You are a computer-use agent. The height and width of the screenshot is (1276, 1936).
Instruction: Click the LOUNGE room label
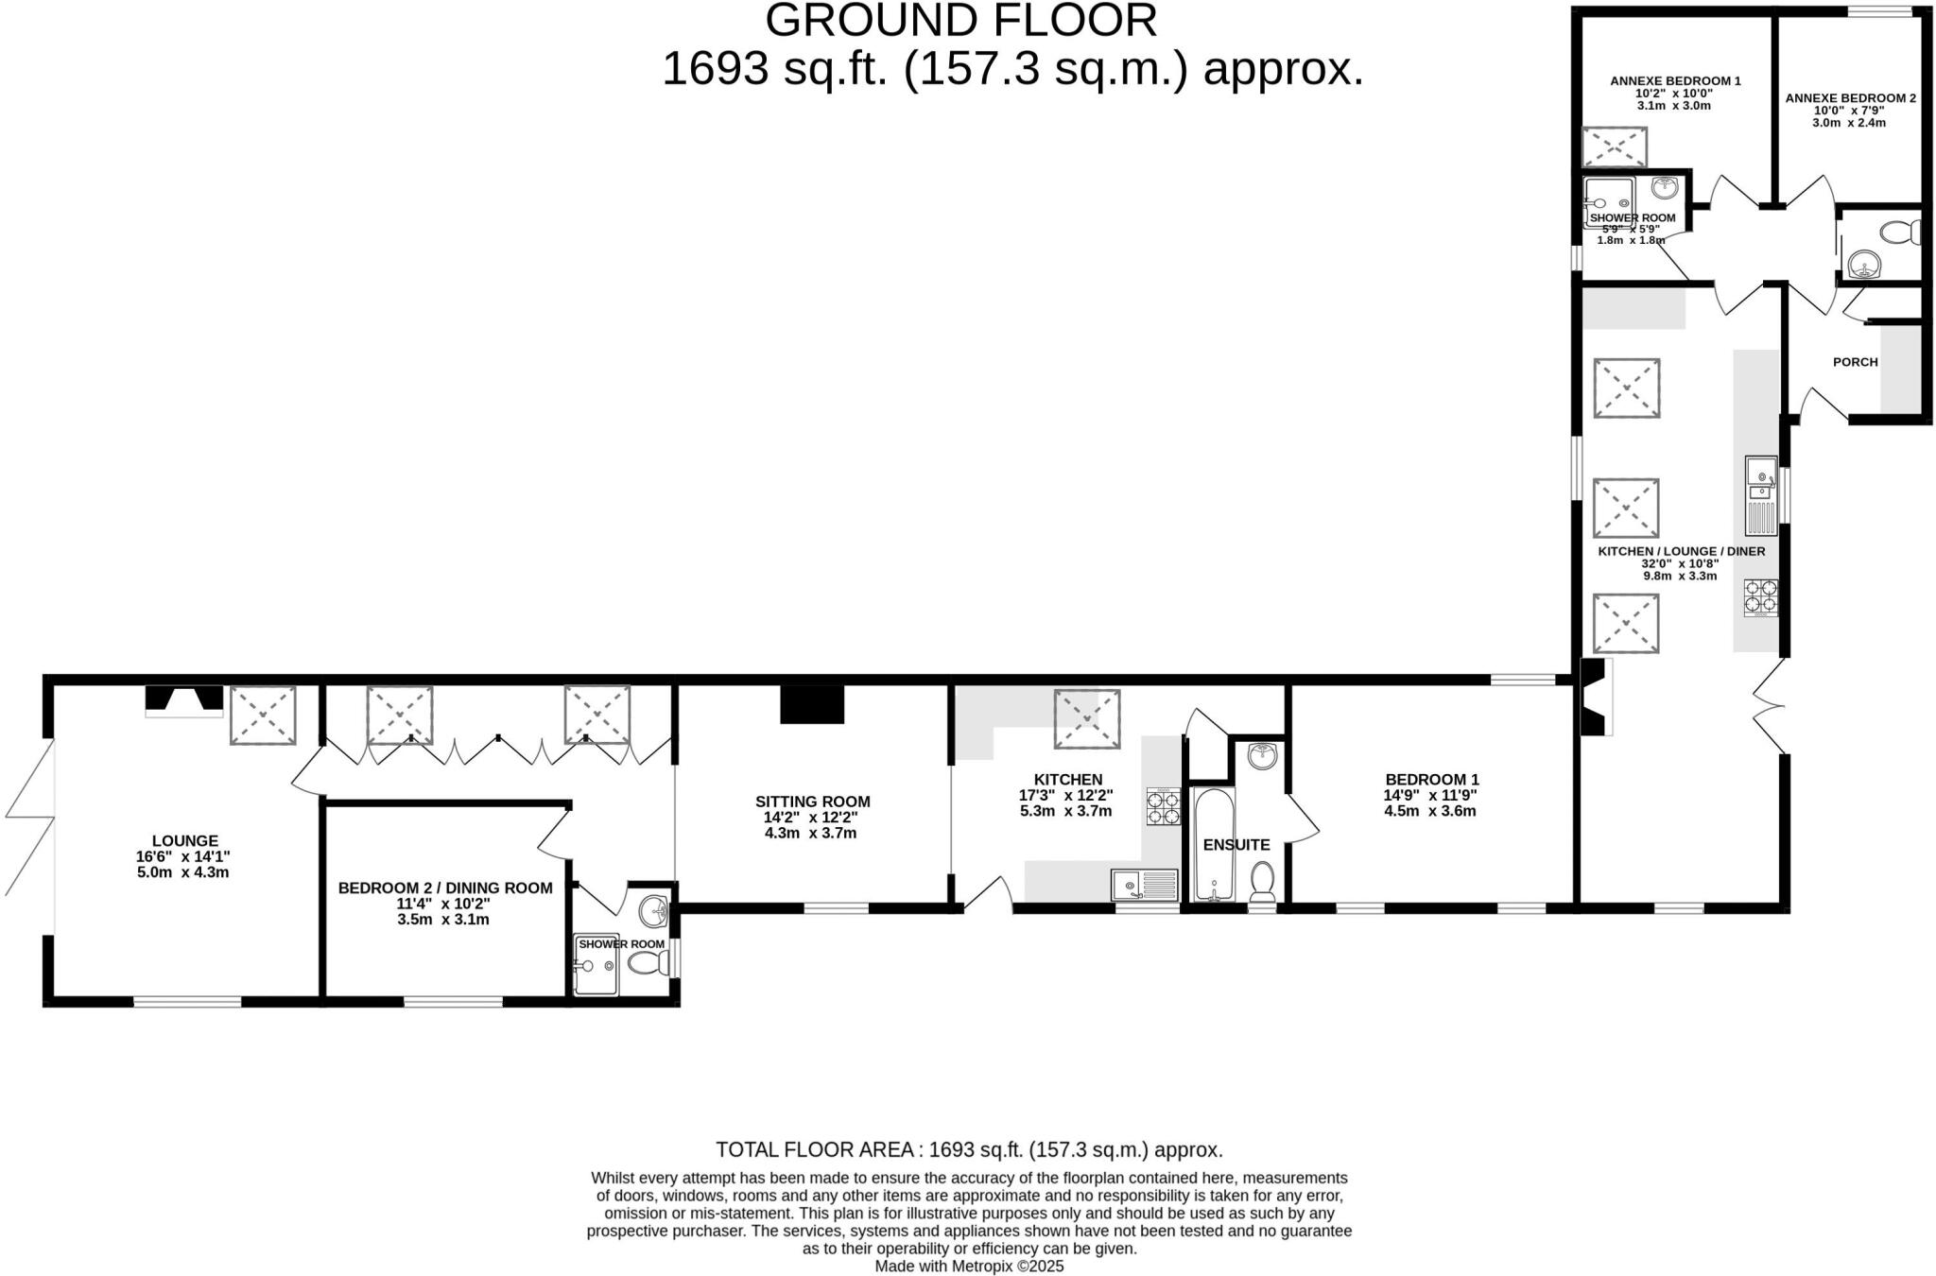[184, 840]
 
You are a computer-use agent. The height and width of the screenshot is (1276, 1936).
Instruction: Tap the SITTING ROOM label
[812, 802]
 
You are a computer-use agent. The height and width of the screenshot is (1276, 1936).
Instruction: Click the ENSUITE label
[1236, 845]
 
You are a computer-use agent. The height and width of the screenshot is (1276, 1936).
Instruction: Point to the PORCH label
[1855, 362]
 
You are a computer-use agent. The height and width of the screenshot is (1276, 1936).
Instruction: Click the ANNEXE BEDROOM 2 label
[1850, 98]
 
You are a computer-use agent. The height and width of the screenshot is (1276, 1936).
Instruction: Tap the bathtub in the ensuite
[1213, 844]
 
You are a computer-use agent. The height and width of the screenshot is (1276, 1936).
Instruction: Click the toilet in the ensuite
[1262, 880]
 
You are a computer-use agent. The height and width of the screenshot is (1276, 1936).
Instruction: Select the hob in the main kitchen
[1164, 806]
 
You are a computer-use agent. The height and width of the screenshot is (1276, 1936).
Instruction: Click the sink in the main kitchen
[1145, 886]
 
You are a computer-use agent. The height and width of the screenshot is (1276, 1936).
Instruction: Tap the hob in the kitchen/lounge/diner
[1760, 597]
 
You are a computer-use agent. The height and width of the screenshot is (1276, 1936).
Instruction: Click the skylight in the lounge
[263, 716]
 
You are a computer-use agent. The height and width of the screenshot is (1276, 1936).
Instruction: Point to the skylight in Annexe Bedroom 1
[1615, 147]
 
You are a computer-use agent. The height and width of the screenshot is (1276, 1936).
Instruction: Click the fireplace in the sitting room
[812, 704]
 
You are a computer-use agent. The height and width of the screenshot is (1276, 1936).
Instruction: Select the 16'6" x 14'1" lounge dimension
[182, 856]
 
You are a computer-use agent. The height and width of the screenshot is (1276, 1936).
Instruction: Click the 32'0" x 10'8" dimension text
[1680, 563]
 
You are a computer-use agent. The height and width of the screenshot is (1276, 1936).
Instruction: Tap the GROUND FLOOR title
[960, 21]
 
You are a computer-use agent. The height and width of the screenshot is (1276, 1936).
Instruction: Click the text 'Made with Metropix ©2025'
[969, 1266]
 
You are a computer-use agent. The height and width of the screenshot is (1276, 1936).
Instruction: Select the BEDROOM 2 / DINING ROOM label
[445, 888]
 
